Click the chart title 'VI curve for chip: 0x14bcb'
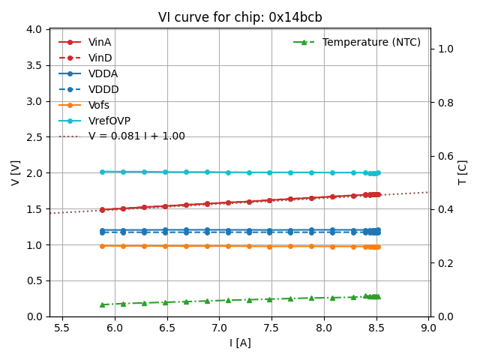[240, 17]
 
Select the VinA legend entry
[100, 42]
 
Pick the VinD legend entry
[100, 58]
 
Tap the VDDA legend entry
[103, 73]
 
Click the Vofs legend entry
[99, 105]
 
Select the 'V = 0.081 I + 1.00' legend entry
[136, 136]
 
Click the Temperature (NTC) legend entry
[371, 42]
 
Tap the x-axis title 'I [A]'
[240, 343]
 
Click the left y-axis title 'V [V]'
[16, 172]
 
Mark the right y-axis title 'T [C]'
[463, 172]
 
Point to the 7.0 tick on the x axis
[219, 328]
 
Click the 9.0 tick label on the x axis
[428, 328]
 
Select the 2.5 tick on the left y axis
[34, 137]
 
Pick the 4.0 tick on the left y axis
[34, 29]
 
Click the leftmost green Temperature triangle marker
[102, 304]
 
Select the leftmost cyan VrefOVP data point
[102, 172]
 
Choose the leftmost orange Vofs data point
[102, 245]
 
